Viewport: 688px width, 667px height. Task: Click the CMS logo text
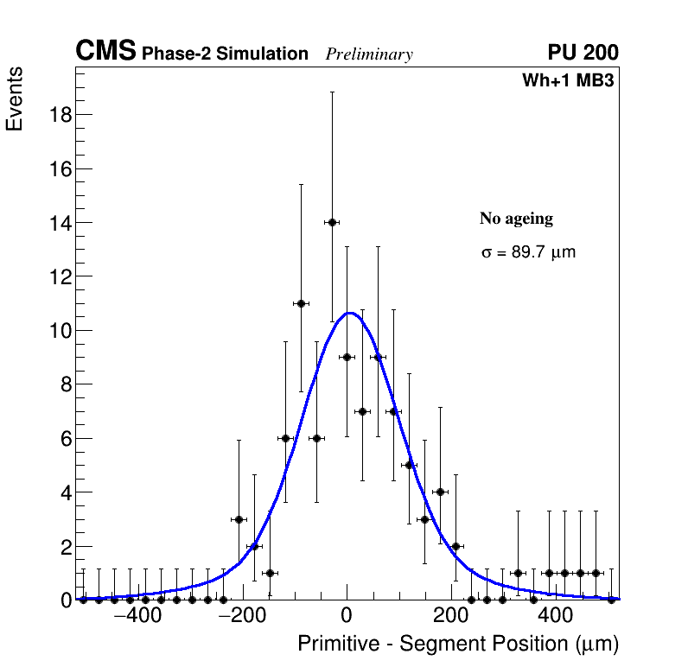click(x=105, y=52)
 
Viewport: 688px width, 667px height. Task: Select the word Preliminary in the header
click(x=369, y=54)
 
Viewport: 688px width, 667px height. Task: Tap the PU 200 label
click(x=583, y=53)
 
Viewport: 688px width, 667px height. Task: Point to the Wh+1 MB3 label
click(x=568, y=81)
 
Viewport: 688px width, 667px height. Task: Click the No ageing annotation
click(x=516, y=219)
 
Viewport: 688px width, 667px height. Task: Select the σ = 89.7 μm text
click(x=527, y=253)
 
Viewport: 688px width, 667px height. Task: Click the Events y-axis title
click(x=15, y=99)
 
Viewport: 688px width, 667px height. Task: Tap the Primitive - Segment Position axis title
click(x=458, y=644)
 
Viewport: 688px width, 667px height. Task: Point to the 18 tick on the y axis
click(x=59, y=115)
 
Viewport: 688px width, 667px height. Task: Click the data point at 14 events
click(x=331, y=222)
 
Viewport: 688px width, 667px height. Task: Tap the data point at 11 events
click(x=301, y=303)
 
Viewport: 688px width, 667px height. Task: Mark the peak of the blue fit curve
click(x=348, y=313)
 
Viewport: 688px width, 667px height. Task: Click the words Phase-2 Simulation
click(x=225, y=54)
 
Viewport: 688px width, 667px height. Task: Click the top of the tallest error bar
click(x=331, y=92)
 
